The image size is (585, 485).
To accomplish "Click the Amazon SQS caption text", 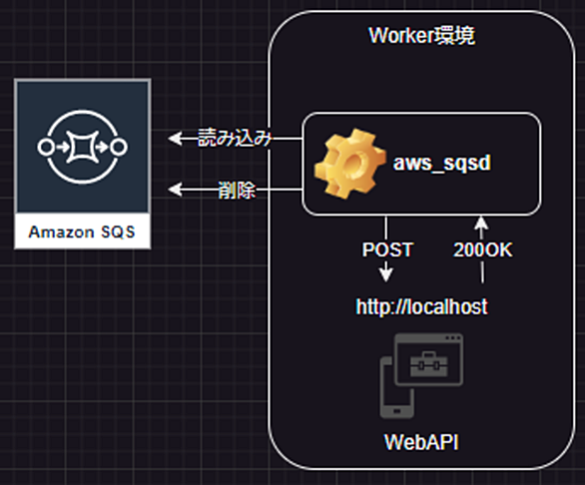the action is click(82, 233).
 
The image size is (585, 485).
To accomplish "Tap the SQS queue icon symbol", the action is click(83, 147).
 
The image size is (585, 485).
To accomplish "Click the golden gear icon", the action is click(349, 163).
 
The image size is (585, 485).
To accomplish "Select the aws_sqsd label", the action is click(441, 163).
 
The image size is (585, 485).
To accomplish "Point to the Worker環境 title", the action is click(421, 36).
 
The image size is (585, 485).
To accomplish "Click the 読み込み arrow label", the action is click(235, 138).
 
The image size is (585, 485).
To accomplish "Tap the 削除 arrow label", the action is click(237, 190).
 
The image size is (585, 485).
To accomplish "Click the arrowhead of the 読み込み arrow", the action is click(175, 139).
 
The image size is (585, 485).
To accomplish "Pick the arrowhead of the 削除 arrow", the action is click(175, 190).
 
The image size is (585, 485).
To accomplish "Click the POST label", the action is click(387, 249).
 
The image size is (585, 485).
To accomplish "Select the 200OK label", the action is click(482, 249).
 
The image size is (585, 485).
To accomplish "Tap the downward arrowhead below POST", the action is click(385, 274).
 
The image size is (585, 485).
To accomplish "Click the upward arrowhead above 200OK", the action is click(481, 224).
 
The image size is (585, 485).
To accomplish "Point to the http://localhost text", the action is click(421, 306).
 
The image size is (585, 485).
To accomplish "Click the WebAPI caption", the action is click(421, 442).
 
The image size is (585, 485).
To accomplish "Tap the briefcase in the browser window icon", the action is click(429, 363).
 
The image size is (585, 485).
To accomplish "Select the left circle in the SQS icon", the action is click(45, 147).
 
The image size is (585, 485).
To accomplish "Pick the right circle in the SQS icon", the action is click(120, 147).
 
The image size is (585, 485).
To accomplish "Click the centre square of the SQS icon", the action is click(83, 147).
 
